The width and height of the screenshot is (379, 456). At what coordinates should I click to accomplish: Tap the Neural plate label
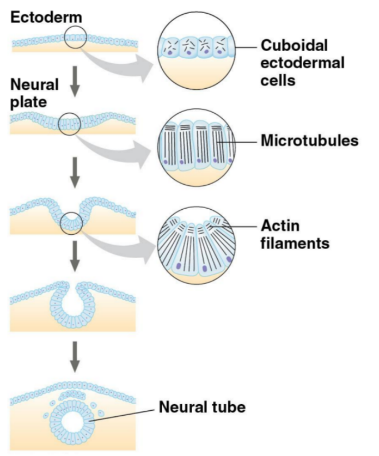coord(34,94)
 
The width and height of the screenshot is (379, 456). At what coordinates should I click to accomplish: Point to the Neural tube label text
coord(203,407)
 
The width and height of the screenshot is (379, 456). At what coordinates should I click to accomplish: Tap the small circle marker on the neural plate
coord(70,123)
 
